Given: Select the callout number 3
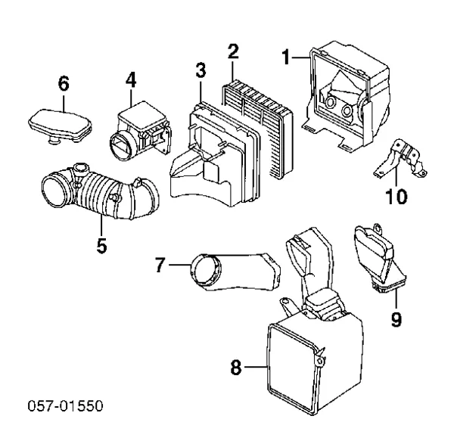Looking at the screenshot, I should pos(200,71).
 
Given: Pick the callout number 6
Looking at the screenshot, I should pos(63,84).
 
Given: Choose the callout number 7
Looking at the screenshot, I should pos(160,265).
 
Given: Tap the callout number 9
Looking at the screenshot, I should pos(395,319).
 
